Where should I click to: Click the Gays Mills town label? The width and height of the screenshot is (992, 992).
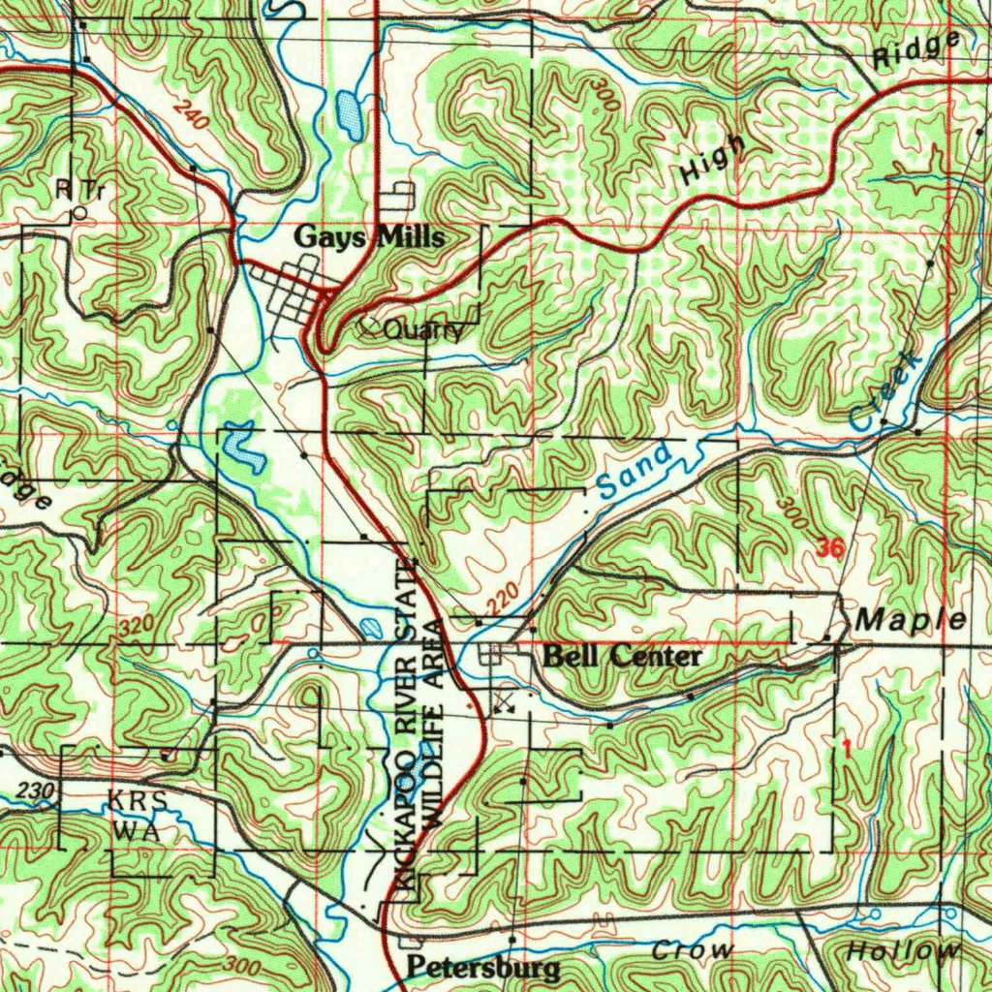point(369,237)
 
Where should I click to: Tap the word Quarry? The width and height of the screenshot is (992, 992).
point(422,331)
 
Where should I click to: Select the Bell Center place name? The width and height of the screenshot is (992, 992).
point(622,657)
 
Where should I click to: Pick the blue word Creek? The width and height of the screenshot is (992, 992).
point(883,391)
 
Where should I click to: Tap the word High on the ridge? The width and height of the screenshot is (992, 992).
point(713,160)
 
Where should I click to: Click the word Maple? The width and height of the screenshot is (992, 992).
point(912,620)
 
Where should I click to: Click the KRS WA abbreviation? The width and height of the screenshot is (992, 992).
point(138,817)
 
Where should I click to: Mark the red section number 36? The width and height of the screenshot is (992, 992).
point(829,548)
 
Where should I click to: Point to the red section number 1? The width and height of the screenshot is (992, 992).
point(847,748)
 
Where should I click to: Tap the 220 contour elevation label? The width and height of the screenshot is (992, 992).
point(504,602)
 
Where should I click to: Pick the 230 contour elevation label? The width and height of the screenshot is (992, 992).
point(35,791)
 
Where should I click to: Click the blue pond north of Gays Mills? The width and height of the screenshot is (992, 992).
point(349,114)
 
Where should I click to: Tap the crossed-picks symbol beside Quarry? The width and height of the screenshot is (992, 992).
point(369,327)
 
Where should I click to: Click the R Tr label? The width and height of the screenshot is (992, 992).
point(79,190)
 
